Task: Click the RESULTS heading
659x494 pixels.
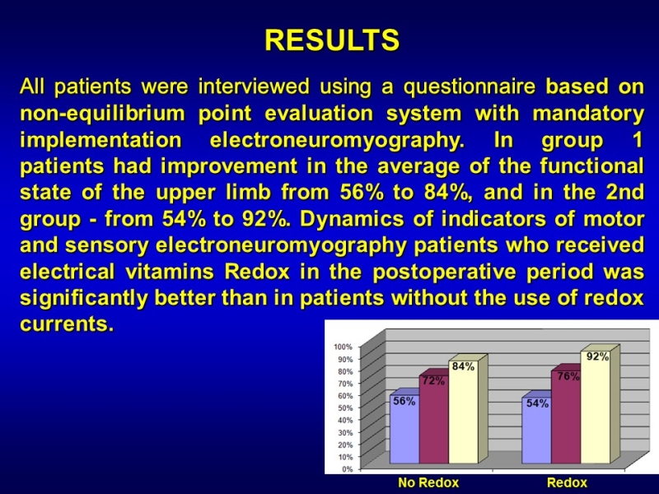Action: (332, 40)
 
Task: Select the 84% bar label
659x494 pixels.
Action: (463, 366)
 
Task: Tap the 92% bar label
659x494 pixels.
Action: (597, 357)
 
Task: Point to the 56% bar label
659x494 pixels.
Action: (404, 401)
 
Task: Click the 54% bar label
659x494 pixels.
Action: (537, 403)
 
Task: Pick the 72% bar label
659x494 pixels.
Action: (433, 381)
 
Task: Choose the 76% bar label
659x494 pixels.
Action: (568, 376)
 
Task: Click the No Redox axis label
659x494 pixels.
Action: (428, 482)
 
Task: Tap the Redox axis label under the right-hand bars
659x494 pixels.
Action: (567, 482)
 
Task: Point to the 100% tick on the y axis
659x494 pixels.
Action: (343, 347)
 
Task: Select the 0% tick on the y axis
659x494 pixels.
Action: (347, 469)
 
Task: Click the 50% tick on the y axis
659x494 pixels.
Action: (344, 408)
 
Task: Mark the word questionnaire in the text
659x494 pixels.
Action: (470, 87)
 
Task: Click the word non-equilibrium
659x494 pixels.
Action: (102, 114)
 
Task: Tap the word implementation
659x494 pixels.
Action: (100, 140)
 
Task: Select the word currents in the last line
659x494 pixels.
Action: (67, 324)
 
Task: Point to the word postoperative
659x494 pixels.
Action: (444, 273)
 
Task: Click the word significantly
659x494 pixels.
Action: (84, 299)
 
